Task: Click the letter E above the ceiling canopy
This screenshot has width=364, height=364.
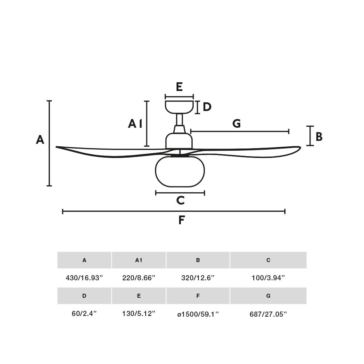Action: [x=179, y=87]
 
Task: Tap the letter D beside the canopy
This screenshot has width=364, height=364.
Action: [x=207, y=107]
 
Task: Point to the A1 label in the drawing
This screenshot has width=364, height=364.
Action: [x=135, y=124]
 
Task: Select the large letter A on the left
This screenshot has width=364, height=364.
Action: [x=40, y=140]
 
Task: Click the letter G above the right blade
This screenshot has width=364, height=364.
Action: [x=237, y=123]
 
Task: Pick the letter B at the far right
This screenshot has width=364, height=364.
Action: [x=319, y=137]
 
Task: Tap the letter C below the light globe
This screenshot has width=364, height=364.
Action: [x=181, y=201]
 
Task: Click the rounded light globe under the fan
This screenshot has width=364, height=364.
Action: [x=180, y=171]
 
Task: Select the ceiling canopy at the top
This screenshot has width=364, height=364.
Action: [x=179, y=107]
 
